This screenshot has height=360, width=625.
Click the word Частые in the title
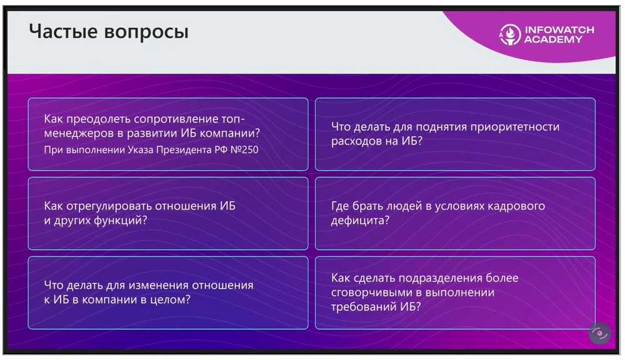tap(63, 31)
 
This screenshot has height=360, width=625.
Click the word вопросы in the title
tap(146, 32)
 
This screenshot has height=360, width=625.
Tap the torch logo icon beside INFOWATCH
tap(510, 34)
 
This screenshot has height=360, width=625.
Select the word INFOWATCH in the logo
tap(559, 30)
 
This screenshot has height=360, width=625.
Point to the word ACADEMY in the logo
tap(553, 39)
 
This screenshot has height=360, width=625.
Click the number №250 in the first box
tap(244, 150)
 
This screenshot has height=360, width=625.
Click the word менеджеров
tap(79, 133)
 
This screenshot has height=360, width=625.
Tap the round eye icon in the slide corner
tap(599, 333)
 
